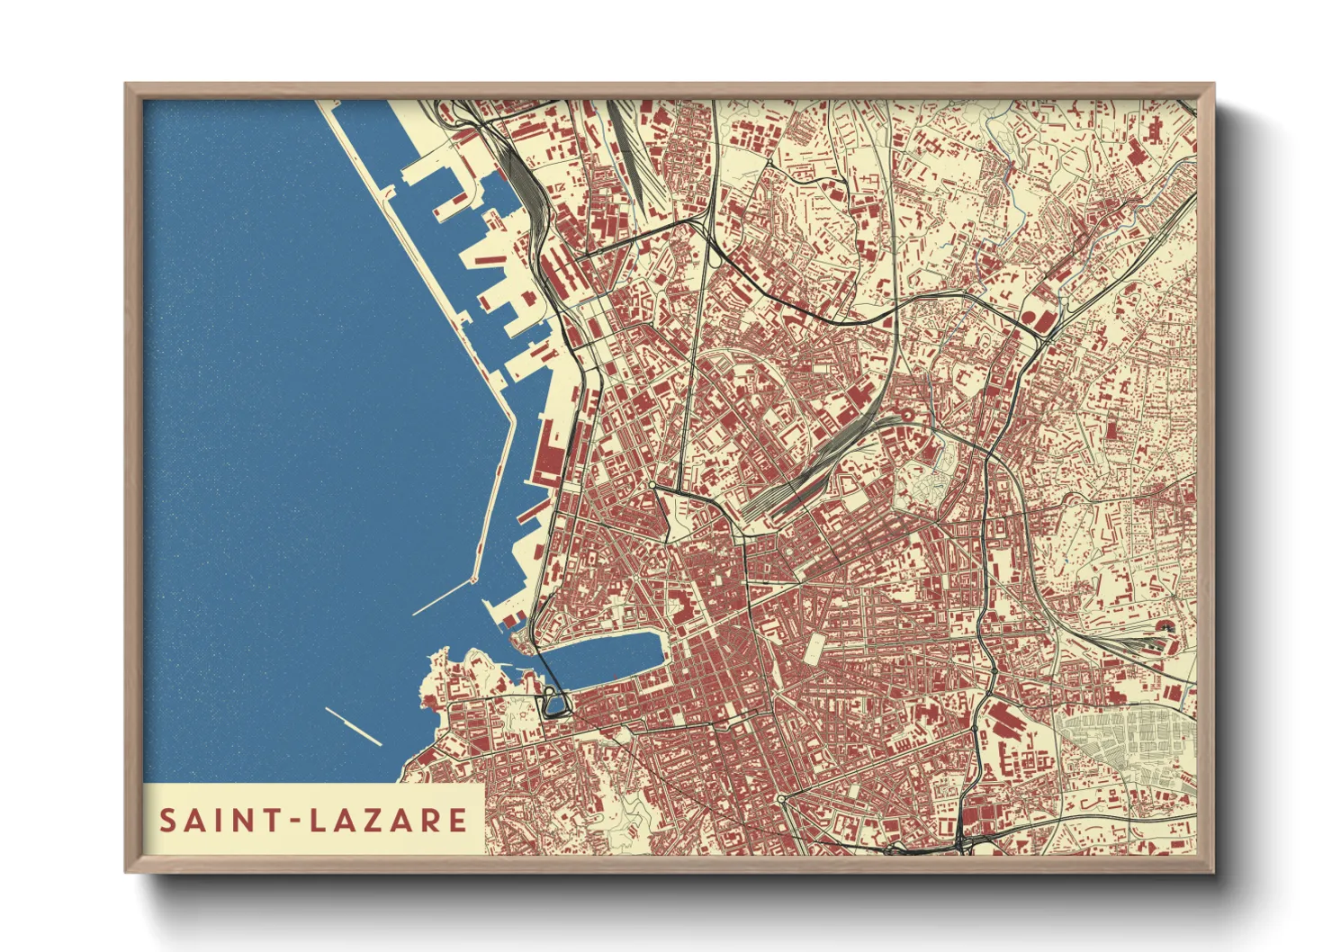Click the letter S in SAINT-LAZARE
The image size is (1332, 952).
pos(167,821)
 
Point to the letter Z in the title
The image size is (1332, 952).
pos(365,821)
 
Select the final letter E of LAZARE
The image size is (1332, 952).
pos(458,821)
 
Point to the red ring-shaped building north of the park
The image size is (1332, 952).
pos(907,416)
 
